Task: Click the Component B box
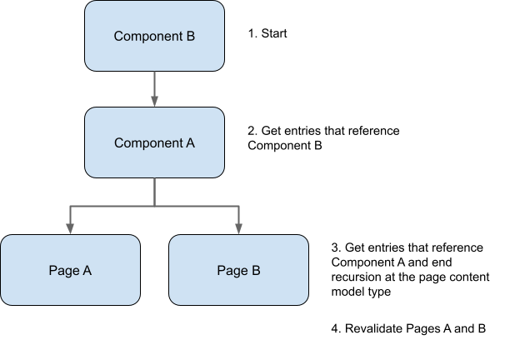click(x=154, y=36)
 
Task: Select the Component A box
click(x=154, y=142)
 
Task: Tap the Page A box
click(x=70, y=270)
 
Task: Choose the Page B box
click(x=238, y=270)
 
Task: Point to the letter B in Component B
click(x=190, y=36)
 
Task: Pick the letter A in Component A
click(x=190, y=142)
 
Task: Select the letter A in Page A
click(x=87, y=270)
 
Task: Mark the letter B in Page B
click(x=255, y=270)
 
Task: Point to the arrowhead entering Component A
click(x=154, y=102)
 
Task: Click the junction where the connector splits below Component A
click(x=154, y=205)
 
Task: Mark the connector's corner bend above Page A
click(x=70, y=205)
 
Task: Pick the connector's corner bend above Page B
click(x=238, y=205)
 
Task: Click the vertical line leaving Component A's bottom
click(x=154, y=192)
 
